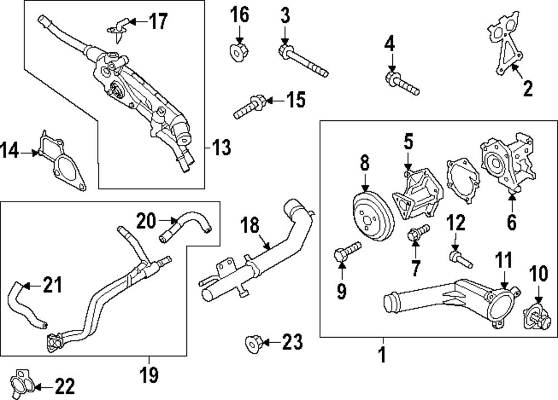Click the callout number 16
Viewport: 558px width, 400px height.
pos(240,15)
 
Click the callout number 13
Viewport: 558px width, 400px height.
pos(222,148)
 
